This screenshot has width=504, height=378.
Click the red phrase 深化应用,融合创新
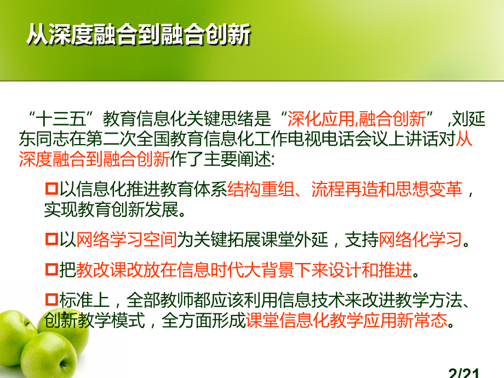click(356, 118)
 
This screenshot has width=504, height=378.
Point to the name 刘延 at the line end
click(471, 118)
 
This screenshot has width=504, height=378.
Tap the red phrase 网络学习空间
click(127, 239)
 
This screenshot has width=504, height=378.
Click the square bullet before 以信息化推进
click(51, 190)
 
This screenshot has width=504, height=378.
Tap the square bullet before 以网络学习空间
click(51, 239)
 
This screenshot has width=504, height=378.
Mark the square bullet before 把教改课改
click(51, 270)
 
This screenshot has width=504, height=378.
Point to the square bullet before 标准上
click(51, 300)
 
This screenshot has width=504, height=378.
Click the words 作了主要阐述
click(219, 159)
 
